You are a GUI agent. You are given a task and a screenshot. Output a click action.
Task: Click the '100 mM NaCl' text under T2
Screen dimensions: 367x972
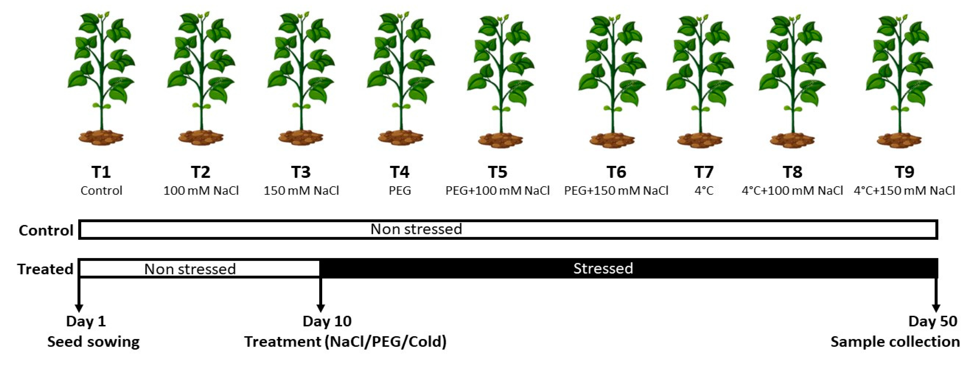(x=201, y=190)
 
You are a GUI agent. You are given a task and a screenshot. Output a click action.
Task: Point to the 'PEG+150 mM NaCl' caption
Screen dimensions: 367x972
(x=616, y=190)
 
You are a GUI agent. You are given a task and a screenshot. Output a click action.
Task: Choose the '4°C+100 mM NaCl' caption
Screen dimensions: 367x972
(x=792, y=190)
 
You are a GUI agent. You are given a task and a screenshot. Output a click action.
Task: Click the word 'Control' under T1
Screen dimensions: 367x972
(x=101, y=190)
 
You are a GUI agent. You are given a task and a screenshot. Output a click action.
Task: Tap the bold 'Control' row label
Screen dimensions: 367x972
(x=46, y=230)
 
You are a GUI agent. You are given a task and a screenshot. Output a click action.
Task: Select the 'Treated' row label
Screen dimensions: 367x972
(x=45, y=269)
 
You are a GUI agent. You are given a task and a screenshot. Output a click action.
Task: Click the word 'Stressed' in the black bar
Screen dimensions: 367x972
(x=603, y=268)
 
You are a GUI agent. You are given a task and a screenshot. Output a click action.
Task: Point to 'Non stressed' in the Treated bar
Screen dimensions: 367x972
(x=190, y=269)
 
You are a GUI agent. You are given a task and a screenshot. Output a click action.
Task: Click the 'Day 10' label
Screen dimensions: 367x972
(x=327, y=321)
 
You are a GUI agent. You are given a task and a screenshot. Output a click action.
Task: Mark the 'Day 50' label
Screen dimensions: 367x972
(x=933, y=321)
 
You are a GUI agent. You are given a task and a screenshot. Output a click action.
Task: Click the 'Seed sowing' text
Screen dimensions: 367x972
(x=93, y=342)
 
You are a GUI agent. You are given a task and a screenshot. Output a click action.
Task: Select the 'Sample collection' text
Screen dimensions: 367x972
(x=895, y=342)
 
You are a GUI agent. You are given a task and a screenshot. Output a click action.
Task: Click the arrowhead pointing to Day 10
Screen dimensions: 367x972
(x=320, y=307)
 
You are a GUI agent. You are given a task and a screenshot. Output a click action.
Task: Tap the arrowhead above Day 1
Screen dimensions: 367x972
(x=79, y=307)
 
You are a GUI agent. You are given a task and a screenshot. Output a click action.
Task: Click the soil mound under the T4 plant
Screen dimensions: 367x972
(x=400, y=138)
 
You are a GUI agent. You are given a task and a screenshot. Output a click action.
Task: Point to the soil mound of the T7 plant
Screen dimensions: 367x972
(x=700, y=140)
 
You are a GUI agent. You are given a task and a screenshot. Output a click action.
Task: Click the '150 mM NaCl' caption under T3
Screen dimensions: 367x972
(x=301, y=190)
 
